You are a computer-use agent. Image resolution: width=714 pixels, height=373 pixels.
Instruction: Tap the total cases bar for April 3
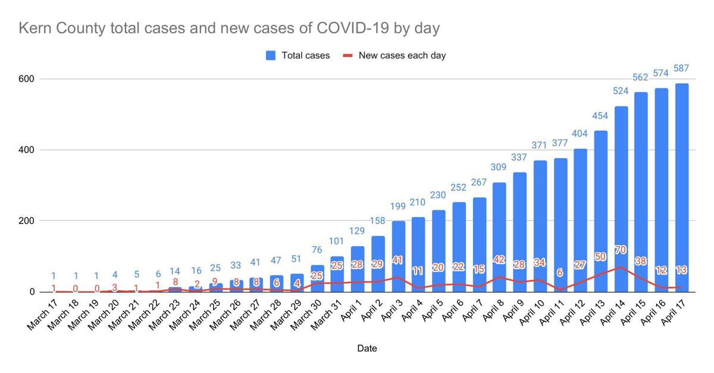click(398, 238)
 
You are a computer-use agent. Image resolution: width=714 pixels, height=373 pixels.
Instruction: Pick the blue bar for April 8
click(499, 214)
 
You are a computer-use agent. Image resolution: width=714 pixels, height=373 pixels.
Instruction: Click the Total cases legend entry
click(297, 55)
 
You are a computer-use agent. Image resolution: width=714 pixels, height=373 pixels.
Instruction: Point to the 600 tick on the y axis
click(28, 79)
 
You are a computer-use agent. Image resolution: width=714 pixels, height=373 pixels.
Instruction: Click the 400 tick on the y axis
click(28, 150)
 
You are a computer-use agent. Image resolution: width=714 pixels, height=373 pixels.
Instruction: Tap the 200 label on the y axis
click(28, 221)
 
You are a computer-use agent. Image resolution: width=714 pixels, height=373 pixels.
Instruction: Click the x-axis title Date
click(367, 348)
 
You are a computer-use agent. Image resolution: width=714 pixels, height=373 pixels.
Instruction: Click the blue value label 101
click(337, 241)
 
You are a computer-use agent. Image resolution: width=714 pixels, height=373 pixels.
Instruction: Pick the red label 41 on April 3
click(398, 260)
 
